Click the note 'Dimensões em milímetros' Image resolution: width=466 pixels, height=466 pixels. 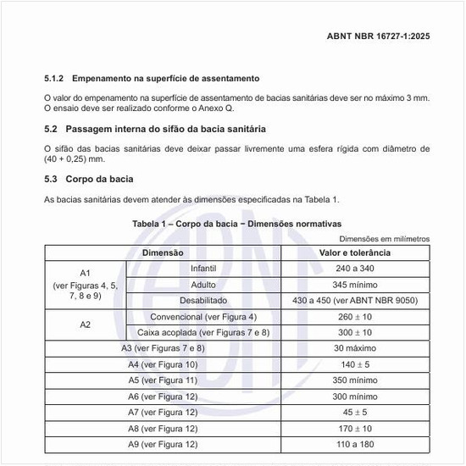click(x=384, y=239)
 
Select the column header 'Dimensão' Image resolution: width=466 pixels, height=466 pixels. click(x=163, y=252)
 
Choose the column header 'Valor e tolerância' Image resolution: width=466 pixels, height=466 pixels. click(x=355, y=252)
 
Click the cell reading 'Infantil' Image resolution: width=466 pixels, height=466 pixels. click(x=203, y=269)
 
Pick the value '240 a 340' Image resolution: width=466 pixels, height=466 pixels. click(x=355, y=269)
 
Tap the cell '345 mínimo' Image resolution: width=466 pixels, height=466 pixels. click(x=355, y=285)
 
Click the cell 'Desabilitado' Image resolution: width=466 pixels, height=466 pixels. click(x=203, y=301)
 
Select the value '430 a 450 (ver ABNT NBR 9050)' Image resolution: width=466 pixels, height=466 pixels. click(x=355, y=301)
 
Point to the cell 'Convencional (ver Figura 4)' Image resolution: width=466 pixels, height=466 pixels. click(x=203, y=317)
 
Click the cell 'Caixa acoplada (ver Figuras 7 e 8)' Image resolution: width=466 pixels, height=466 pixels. click(x=203, y=332)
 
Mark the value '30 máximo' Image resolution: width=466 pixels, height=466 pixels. click(x=355, y=348)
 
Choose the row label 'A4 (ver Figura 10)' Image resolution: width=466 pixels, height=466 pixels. click(x=163, y=364)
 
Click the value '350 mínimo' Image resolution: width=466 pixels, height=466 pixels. click(x=355, y=380)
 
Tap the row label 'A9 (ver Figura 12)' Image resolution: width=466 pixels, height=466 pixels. click(x=163, y=445)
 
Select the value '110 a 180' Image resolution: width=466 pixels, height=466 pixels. click(x=355, y=445)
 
